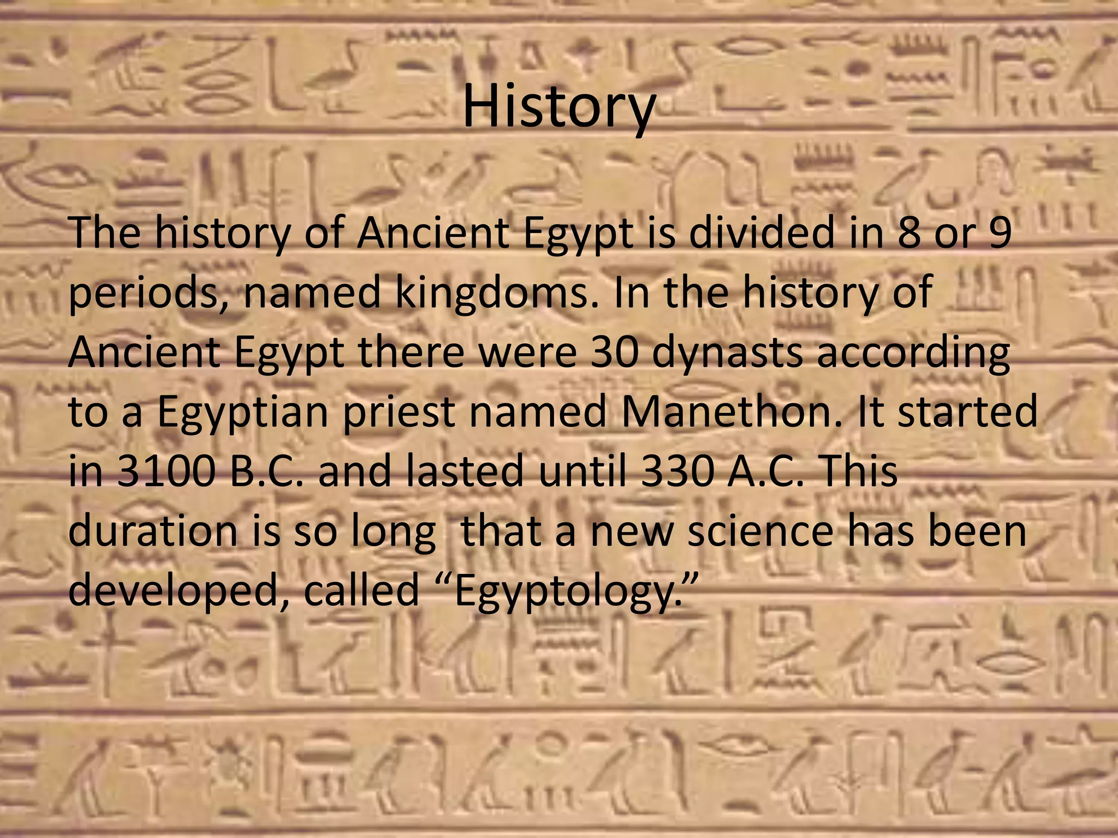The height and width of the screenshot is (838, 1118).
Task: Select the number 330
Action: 677,472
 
